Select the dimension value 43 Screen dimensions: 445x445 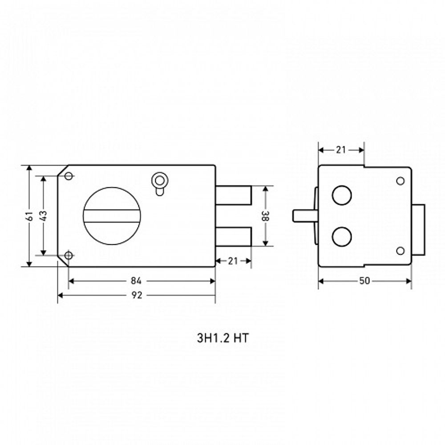tap(44, 216)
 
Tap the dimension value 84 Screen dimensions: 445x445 tap(136, 281)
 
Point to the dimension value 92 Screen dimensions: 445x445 tap(137, 295)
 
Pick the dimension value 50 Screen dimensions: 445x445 tap(364, 281)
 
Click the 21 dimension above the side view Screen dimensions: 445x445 tap(341, 150)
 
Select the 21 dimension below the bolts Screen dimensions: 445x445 tap(233, 261)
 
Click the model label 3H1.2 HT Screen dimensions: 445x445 tap(223, 338)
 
